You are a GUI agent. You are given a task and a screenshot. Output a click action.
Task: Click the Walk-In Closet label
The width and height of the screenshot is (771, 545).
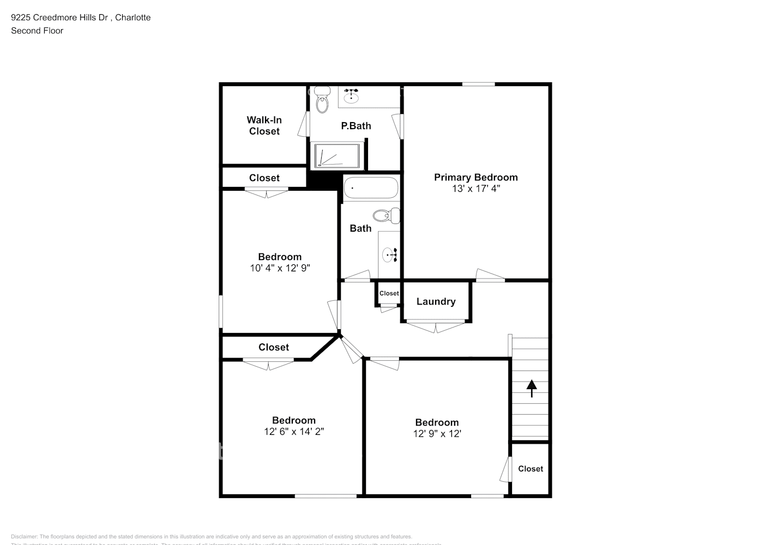(264, 125)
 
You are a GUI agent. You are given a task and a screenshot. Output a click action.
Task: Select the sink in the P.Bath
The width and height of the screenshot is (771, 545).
(351, 97)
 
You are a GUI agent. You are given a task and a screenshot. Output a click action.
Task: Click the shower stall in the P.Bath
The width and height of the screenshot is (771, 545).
(338, 155)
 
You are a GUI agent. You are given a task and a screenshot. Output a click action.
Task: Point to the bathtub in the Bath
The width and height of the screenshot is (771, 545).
(371, 188)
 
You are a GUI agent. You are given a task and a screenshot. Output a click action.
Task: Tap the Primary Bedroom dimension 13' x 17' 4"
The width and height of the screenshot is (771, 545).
(475, 189)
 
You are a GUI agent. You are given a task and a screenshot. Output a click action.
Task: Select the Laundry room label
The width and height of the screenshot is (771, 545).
(436, 301)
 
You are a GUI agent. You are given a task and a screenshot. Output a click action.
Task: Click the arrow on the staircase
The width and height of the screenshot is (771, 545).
(531, 388)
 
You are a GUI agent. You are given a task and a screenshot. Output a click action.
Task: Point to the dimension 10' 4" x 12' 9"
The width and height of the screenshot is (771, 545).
(280, 268)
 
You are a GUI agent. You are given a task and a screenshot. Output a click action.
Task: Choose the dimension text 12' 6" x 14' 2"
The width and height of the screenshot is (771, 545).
(293, 432)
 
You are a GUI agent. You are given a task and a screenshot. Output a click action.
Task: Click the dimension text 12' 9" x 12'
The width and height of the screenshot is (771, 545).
(437, 434)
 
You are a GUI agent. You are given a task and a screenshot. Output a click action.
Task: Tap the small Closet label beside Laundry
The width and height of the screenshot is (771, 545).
(389, 293)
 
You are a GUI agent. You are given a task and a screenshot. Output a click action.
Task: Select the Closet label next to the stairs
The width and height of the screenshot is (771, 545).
(530, 469)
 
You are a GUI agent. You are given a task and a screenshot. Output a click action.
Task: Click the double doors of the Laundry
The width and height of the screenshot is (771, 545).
(436, 326)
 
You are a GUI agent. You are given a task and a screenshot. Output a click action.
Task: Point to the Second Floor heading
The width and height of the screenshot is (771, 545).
(37, 31)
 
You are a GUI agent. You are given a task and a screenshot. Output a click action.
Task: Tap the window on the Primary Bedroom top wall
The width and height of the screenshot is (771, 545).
(478, 84)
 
